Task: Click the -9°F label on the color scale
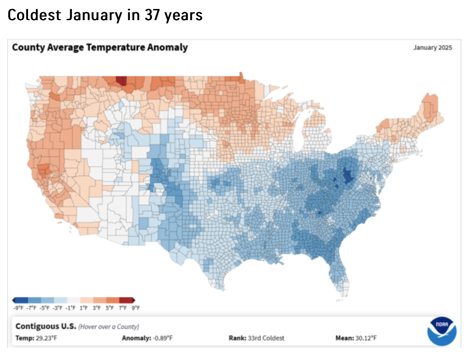[18, 308]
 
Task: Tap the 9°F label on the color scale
[136, 308]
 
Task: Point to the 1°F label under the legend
[84, 308]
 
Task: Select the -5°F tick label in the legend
[45, 308]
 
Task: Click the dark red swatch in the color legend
[126, 300]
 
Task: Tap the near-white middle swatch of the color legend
[74, 300]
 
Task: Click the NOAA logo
[442, 331]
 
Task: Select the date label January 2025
[432, 47]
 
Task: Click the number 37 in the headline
[152, 15]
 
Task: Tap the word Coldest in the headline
[34, 15]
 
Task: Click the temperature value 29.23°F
[46, 338]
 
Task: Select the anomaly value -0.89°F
[162, 338]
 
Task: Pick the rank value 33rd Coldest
[266, 338]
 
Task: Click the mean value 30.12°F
[366, 338]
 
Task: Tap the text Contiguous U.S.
[46, 326]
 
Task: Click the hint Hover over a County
[109, 326]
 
